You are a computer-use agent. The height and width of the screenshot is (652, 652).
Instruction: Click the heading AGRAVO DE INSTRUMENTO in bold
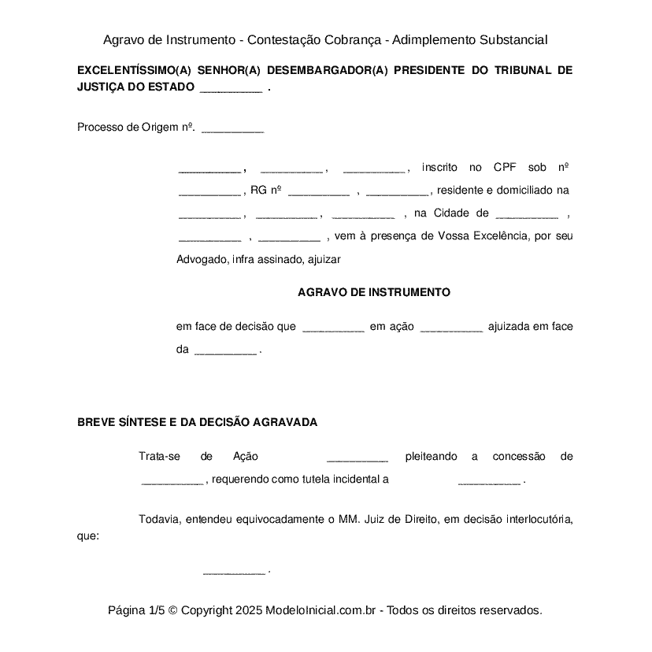(374, 292)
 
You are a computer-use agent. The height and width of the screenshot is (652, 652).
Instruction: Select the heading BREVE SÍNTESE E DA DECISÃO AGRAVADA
(197, 422)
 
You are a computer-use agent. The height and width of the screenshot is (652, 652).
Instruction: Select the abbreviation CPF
(505, 167)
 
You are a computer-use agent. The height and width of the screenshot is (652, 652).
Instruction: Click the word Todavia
(159, 519)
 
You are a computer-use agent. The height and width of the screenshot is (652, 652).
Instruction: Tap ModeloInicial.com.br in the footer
(320, 610)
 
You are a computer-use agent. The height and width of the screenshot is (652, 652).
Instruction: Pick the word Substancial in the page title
(508, 39)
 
